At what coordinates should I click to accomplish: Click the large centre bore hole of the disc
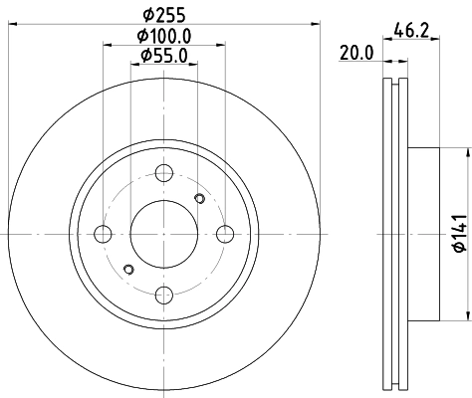point(163,235)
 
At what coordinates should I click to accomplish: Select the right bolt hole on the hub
point(224,235)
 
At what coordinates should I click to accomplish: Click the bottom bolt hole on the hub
point(163,295)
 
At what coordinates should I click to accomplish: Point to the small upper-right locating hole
point(199,200)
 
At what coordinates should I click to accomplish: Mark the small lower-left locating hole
point(127,270)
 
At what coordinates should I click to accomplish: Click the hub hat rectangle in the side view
point(422,235)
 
